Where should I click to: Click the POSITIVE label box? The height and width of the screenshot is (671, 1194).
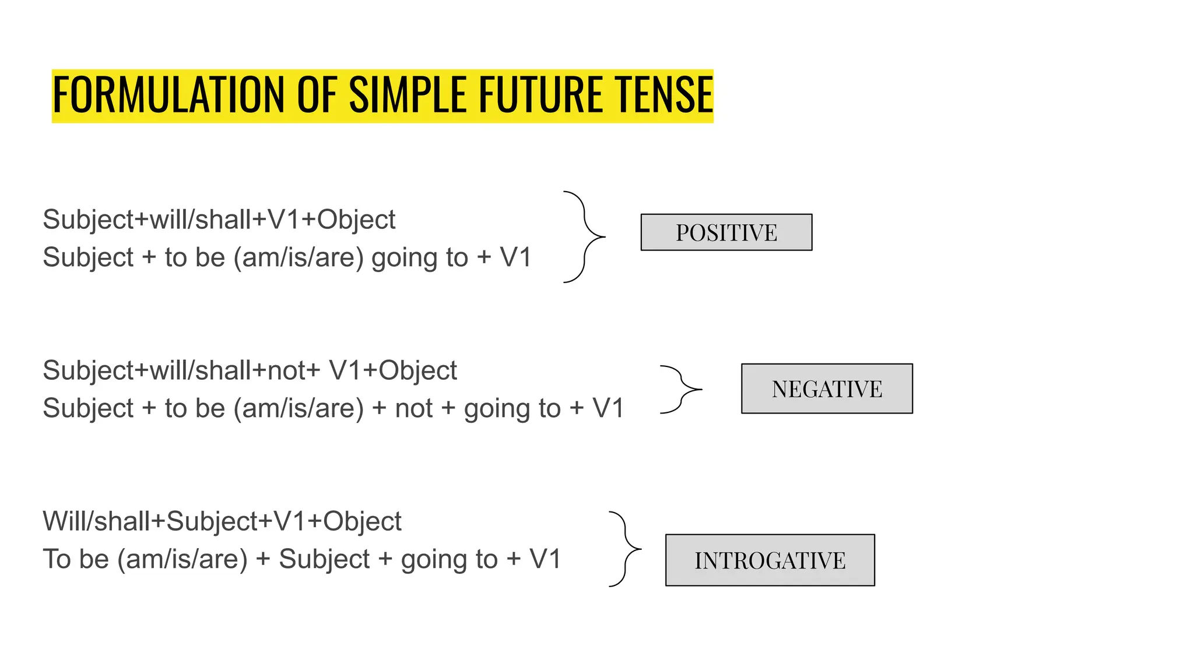click(726, 232)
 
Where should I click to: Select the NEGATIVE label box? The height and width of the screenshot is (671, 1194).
click(826, 389)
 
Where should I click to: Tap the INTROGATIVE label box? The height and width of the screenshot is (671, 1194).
click(770, 560)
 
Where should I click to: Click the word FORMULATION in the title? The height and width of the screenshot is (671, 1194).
click(170, 95)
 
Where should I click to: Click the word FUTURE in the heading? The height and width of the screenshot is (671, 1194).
click(540, 95)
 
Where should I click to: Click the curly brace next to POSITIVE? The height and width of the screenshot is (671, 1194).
click(585, 237)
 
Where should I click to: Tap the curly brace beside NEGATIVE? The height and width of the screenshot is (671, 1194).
click(680, 389)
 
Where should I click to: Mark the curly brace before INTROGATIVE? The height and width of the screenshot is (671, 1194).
click(626, 549)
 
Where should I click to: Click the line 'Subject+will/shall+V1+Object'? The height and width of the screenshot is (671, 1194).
click(219, 220)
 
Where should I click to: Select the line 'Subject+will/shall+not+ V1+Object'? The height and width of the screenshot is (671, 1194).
click(250, 370)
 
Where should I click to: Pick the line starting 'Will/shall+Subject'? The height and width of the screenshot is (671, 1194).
click(222, 521)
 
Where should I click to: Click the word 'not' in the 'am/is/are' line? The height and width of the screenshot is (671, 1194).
click(413, 408)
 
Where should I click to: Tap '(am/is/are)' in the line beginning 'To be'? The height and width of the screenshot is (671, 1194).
click(182, 559)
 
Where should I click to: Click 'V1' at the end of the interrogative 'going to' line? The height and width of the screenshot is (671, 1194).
click(545, 559)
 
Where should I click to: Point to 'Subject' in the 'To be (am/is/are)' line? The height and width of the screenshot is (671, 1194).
click(324, 559)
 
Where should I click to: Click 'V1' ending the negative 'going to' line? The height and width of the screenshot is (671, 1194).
click(608, 408)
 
